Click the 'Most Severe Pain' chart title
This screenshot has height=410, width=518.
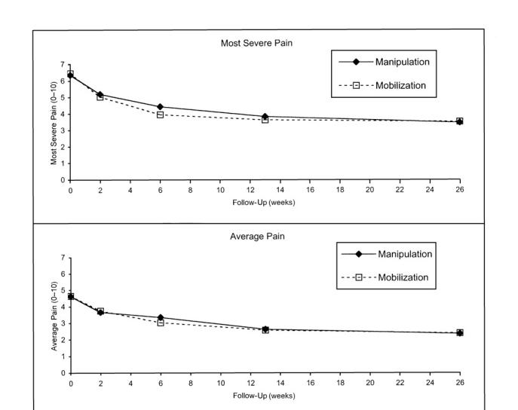(x=257, y=43)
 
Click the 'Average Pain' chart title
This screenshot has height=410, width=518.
(x=257, y=236)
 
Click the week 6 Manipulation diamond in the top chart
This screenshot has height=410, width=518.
(x=160, y=107)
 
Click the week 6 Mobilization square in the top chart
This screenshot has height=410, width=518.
(x=160, y=115)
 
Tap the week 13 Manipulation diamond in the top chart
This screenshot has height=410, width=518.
(x=265, y=117)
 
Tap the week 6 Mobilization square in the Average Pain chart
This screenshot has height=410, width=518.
(x=160, y=323)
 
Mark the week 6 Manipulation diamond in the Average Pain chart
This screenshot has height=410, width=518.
(x=160, y=317)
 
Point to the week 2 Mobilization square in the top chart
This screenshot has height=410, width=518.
(x=100, y=97)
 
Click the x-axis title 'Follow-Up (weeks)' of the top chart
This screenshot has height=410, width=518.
(x=264, y=203)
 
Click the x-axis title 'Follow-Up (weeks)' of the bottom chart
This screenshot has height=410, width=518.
(x=264, y=396)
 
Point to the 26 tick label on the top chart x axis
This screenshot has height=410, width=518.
(x=460, y=191)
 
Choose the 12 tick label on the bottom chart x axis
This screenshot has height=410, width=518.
(x=250, y=384)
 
